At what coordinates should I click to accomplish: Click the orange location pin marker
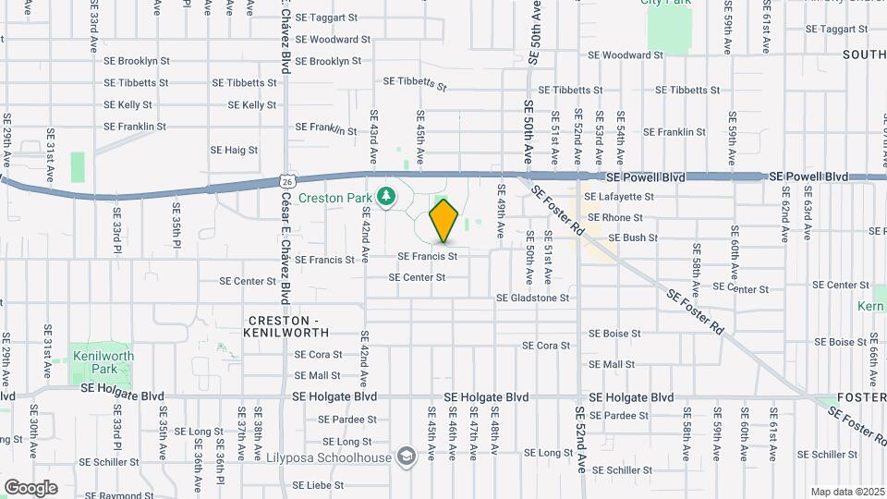click(444, 220)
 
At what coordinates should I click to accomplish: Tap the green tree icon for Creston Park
click(386, 196)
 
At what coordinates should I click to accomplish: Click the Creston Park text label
click(341, 198)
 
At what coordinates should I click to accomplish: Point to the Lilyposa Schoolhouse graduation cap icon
click(405, 456)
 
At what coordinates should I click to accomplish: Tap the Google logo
click(30, 487)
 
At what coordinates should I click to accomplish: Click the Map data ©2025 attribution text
click(846, 492)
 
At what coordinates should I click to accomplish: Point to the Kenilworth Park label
click(103, 361)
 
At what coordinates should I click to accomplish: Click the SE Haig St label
click(234, 150)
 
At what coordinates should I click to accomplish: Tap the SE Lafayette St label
click(625, 197)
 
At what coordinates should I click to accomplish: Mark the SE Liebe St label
click(318, 485)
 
